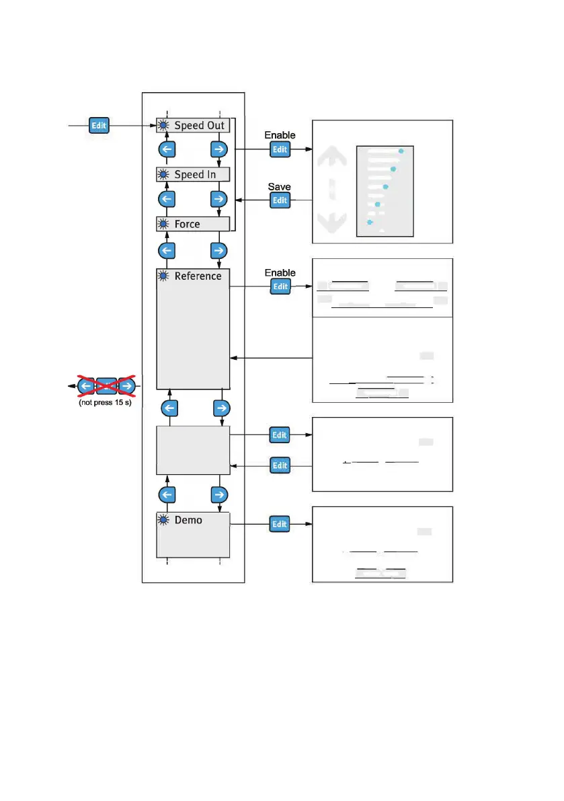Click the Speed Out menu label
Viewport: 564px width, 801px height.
click(199, 126)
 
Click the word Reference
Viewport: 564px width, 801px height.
click(198, 276)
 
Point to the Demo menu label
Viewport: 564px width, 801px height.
click(188, 520)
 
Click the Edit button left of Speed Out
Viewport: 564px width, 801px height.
click(99, 125)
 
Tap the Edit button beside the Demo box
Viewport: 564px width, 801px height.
click(280, 524)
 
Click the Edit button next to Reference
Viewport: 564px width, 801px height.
click(280, 287)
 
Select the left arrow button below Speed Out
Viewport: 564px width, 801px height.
click(167, 149)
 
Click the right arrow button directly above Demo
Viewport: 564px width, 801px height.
click(218, 495)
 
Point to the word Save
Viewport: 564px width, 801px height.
click(279, 186)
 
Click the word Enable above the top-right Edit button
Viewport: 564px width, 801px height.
click(280, 135)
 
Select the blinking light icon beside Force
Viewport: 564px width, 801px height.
click(163, 224)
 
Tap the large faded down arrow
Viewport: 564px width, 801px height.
click(331, 221)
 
